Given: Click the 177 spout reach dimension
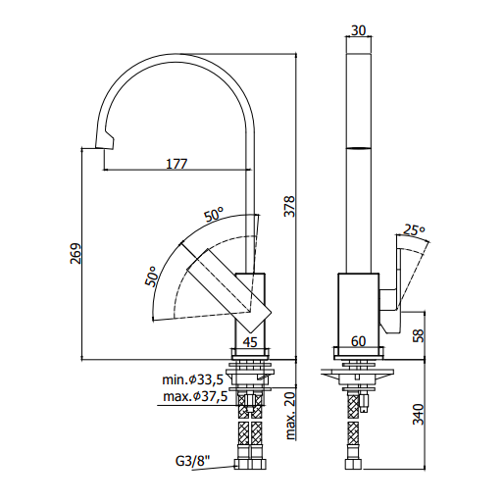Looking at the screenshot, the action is pos(176,164).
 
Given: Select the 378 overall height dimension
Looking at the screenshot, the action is pos(289,206).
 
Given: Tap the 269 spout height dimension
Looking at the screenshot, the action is pos(76,253).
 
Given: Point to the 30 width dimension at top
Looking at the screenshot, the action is pos(358,30).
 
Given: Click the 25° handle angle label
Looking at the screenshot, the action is pos(414,230).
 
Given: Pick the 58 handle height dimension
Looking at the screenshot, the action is pos(418,335).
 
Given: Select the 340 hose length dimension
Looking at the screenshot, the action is pos(418,415).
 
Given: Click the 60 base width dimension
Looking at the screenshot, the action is pos(358,341).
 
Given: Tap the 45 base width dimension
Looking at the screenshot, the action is pos(250,342).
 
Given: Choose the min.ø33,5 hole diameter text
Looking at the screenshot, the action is pos(192,379).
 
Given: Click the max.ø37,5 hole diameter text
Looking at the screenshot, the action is pos(195,397).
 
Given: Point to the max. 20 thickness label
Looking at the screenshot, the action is pos(290,416).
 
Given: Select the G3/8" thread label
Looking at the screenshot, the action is pos(192,461).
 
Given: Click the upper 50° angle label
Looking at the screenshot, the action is pos(214,214).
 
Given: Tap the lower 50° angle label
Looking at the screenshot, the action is pos(151,277).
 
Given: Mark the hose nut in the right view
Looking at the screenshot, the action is pos(353,465).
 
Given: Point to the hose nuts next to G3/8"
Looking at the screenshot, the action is pos(250,465).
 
